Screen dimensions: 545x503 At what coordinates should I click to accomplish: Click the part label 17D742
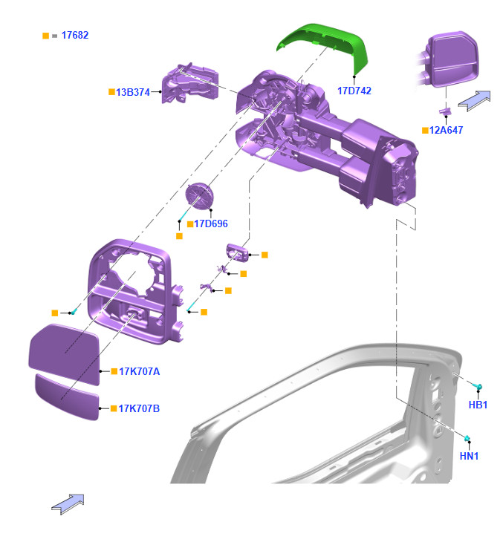coord(354,91)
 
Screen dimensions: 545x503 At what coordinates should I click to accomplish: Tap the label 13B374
coord(132,92)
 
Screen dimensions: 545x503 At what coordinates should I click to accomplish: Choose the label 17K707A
coord(139,371)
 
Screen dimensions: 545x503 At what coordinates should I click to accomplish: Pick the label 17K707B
coord(139,408)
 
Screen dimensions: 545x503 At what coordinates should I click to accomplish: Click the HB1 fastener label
coord(478,405)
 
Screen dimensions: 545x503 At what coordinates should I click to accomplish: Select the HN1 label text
coord(469,456)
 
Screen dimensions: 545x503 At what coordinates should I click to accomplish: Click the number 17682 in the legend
coord(75,35)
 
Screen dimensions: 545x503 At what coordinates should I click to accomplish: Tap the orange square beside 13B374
coord(111,92)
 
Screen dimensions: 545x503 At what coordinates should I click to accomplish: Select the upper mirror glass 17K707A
coord(64,354)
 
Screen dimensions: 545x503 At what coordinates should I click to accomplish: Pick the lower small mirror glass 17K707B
coord(67,397)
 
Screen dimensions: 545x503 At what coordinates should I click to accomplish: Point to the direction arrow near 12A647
coord(474,97)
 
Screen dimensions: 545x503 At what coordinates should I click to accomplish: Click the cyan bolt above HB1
coord(479,387)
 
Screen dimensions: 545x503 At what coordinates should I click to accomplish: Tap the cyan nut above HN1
coord(469,437)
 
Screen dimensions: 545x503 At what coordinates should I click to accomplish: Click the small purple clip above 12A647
coord(446,111)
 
